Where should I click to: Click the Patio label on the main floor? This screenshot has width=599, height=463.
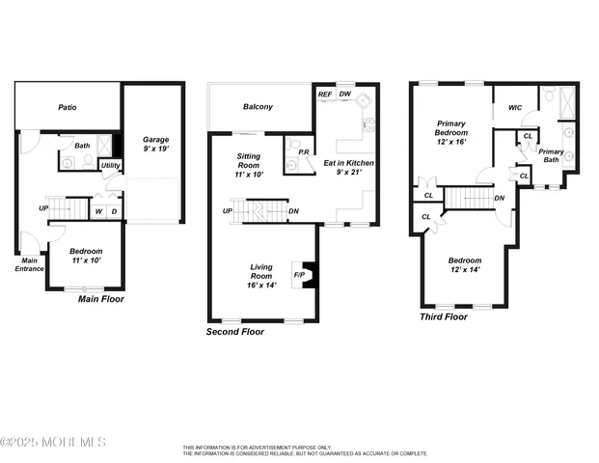67,108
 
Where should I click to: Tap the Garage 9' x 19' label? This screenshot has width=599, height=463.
155,144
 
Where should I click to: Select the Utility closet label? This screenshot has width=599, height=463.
110,166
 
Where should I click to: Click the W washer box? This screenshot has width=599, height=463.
98,211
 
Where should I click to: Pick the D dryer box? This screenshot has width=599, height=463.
114,211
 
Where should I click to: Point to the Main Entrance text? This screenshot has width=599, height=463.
28,263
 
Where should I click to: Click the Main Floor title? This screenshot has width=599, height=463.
100,299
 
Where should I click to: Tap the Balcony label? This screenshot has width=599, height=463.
258,107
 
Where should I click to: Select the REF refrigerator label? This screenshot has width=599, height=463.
325,95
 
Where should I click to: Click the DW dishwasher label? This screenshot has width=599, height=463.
344,95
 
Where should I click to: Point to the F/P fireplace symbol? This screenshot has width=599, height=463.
299,274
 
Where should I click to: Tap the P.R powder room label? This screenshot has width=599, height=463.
303,152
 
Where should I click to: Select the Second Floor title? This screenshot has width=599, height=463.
235,331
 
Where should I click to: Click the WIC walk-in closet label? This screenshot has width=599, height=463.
514,108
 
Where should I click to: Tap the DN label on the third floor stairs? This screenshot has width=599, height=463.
499,199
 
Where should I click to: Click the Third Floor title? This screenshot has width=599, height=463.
444,316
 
